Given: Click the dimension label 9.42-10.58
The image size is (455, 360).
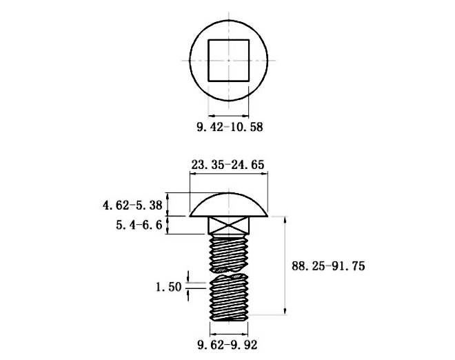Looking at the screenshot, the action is pos(230,127).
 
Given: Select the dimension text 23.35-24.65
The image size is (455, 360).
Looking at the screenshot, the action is pos(228,165).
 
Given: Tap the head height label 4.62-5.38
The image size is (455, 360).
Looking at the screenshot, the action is pos(132,206).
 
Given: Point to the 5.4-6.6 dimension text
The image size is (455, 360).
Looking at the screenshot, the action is pos(139,225).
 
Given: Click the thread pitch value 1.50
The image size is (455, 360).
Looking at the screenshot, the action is pos(169,287).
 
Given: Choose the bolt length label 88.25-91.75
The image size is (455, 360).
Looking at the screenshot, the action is pos(328,266).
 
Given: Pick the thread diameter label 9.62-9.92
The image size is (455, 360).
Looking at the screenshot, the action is pos(228,345).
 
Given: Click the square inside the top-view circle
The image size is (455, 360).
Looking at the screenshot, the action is pos(229,40).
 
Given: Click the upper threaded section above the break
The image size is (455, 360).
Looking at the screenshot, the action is pos(229,254).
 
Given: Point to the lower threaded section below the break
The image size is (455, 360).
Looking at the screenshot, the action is pos(229,297).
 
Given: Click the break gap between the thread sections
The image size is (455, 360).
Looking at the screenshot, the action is pos(229,273).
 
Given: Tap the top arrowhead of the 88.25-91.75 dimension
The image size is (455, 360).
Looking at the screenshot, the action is pos(285,219).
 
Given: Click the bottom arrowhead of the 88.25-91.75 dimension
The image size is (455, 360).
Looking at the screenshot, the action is pos(285,312).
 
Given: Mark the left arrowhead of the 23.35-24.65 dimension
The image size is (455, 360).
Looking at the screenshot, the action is pos(192,174).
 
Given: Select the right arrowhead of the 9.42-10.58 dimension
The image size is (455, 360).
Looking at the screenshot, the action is pos(245,116).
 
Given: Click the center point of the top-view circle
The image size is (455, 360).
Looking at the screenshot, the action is pos(229,61).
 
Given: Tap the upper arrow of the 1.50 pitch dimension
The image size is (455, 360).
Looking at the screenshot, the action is pos(188,277).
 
